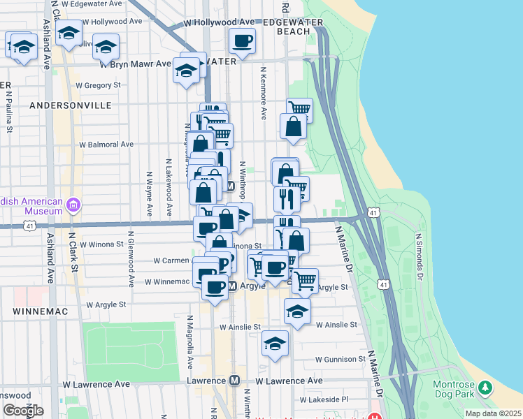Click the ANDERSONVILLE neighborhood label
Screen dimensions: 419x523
[x=71, y=105]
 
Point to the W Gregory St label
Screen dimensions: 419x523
[x=98, y=85]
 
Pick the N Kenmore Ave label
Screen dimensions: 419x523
[x=264, y=94]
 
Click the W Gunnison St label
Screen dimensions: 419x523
[x=340, y=360]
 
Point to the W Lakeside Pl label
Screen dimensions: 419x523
[x=324, y=400]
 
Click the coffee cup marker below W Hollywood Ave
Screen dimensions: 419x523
[x=242, y=41]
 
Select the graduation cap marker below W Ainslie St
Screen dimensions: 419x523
[x=275, y=344]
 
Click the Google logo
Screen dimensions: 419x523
[x=23, y=410]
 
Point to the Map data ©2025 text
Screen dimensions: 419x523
[x=493, y=413]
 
